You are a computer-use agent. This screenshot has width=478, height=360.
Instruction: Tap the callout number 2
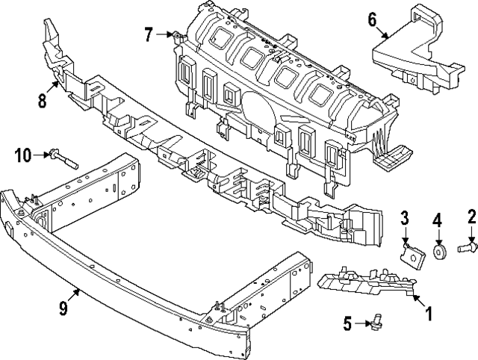pos(472,217)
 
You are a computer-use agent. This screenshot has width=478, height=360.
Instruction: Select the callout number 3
pos(404,218)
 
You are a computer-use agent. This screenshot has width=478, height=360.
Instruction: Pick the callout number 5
pos(348,323)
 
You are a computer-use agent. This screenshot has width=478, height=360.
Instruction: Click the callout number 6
pos(372,20)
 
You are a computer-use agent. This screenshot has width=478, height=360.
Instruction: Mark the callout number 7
pos(149,34)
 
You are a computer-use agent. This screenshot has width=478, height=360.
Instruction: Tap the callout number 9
pos(63,307)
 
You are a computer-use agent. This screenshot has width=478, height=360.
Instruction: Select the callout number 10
pos(22,155)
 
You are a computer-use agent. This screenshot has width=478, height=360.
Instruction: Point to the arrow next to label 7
pos(165,34)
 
